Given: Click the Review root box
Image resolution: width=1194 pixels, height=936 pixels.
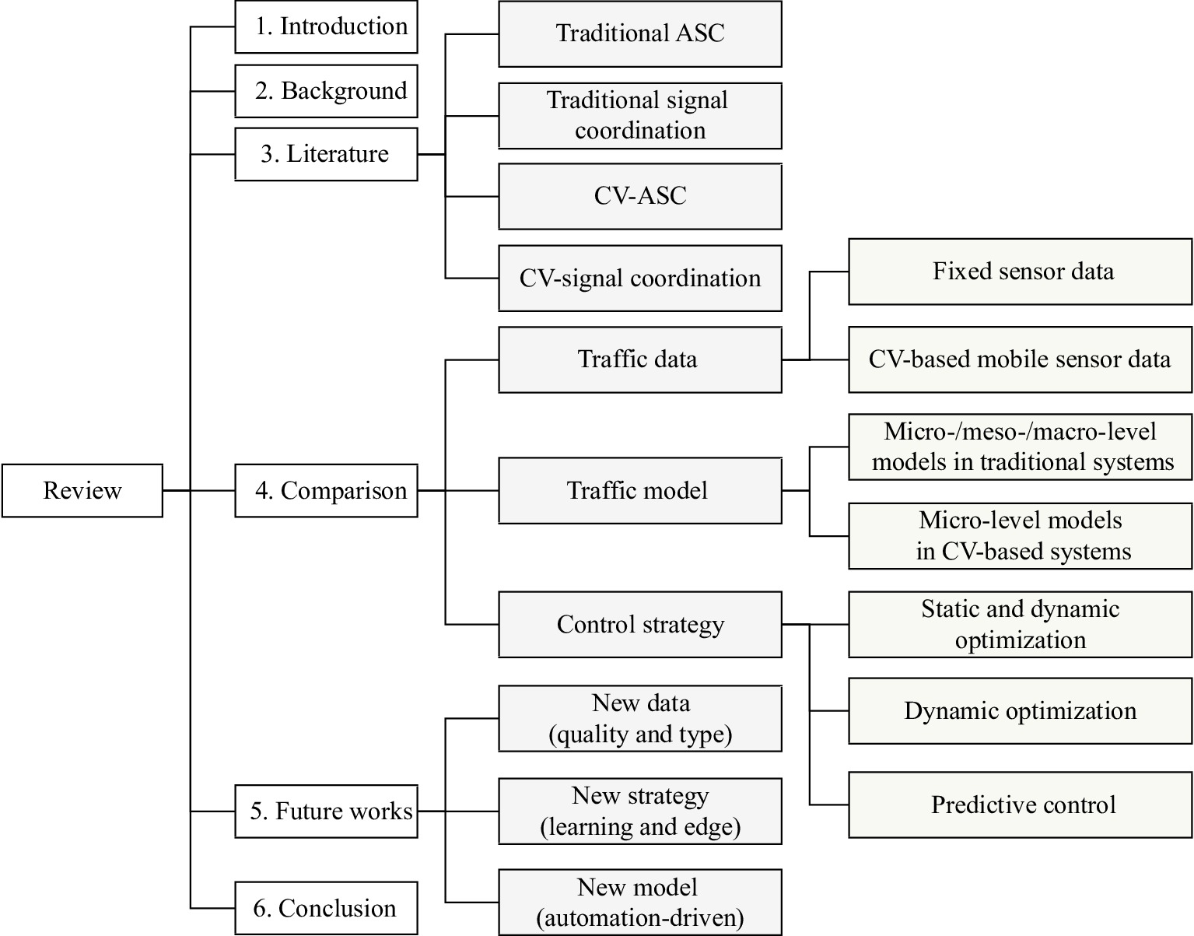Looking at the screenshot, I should coord(82,490).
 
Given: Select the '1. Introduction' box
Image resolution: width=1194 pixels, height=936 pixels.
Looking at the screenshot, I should coord(326,27).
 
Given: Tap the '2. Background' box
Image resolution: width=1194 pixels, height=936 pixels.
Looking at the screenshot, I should coord(326,91).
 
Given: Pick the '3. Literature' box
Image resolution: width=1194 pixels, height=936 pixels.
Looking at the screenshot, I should coord(326,154).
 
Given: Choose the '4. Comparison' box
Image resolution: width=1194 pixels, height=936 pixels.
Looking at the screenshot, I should coord(326,490).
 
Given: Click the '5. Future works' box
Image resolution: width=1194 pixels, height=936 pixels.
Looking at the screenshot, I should coord(326,812).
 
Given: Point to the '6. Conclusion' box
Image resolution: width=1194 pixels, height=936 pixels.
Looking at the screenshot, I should coord(326,908).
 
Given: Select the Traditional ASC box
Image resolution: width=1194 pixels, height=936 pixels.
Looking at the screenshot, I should coord(639,33).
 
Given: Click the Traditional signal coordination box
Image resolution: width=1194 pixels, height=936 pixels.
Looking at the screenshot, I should coord(639,115).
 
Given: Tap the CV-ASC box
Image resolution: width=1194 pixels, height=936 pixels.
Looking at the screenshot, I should coord(639,196).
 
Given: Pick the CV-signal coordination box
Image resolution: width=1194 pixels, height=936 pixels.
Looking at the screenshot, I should coord(639,279).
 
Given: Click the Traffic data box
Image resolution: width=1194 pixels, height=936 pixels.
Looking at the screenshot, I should coord(639,359).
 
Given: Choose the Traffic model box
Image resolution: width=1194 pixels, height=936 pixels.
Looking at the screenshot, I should coord(639,490).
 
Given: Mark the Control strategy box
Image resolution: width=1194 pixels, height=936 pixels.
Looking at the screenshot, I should coord(639,624).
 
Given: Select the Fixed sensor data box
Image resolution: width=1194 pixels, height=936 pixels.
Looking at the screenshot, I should coord(1020,272).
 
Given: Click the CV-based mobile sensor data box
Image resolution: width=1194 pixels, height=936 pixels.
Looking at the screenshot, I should coord(1020,359).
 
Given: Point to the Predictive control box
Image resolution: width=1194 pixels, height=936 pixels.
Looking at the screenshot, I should coord(1020,805).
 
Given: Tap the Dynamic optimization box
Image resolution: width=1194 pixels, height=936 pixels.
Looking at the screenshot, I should coord(1020,711).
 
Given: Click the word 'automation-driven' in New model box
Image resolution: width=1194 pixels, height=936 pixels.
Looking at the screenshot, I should coord(640,919).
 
